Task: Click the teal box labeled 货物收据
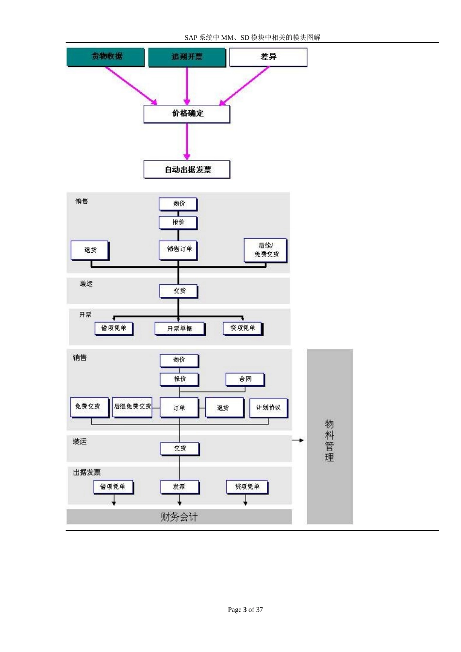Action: pyautogui.click(x=105, y=57)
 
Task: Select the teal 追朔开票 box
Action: pyautogui.click(x=187, y=57)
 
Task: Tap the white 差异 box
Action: pyautogui.click(x=268, y=57)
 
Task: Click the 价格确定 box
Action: pyautogui.click(x=187, y=114)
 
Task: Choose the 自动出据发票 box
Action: pyautogui.click(x=187, y=170)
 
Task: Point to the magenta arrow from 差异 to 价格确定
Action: pyautogui.click(x=245, y=85)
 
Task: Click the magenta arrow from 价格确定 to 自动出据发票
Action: pyautogui.click(x=187, y=141)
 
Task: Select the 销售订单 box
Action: pyautogui.click(x=179, y=249)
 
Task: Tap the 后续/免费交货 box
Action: pyautogui.click(x=265, y=250)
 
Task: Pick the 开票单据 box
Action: pyautogui.click(x=180, y=328)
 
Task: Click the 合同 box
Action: pyautogui.click(x=245, y=379)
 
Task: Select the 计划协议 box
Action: pyautogui.click(x=268, y=407)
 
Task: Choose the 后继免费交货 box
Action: pyautogui.click(x=132, y=407)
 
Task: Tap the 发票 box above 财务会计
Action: pyautogui.click(x=179, y=487)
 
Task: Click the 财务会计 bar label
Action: pyautogui.click(x=179, y=517)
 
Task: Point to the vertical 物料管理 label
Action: pyautogui.click(x=329, y=440)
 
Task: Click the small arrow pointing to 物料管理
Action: pyautogui.click(x=298, y=440)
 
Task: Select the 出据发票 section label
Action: pyautogui.click(x=87, y=472)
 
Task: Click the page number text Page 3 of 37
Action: pyautogui.click(x=245, y=610)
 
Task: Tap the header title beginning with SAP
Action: pyautogui.click(x=252, y=37)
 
